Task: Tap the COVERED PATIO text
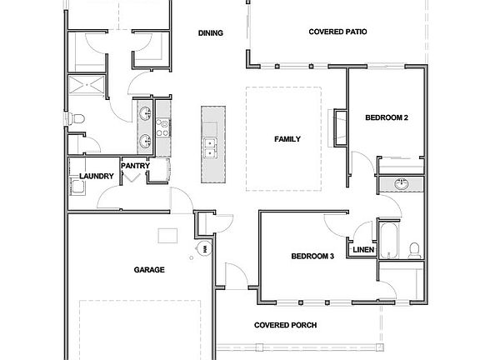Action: click(x=338, y=32)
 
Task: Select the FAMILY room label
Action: click(x=287, y=139)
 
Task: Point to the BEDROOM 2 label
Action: click(x=387, y=118)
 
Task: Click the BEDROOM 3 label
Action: click(x=312, y=257)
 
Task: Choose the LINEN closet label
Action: click(x=362, y=250)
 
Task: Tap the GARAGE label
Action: click(x=149, y=270)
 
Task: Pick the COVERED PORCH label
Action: click(x=285, y=325)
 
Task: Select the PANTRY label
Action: click(x=135, y=166)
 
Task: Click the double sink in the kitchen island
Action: click(x=210, y=148)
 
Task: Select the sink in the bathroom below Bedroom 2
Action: click(x=400, y=183)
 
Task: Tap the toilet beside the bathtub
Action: click(x=413, y=247)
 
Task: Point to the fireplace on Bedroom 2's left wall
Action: click(x=339, y=127)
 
